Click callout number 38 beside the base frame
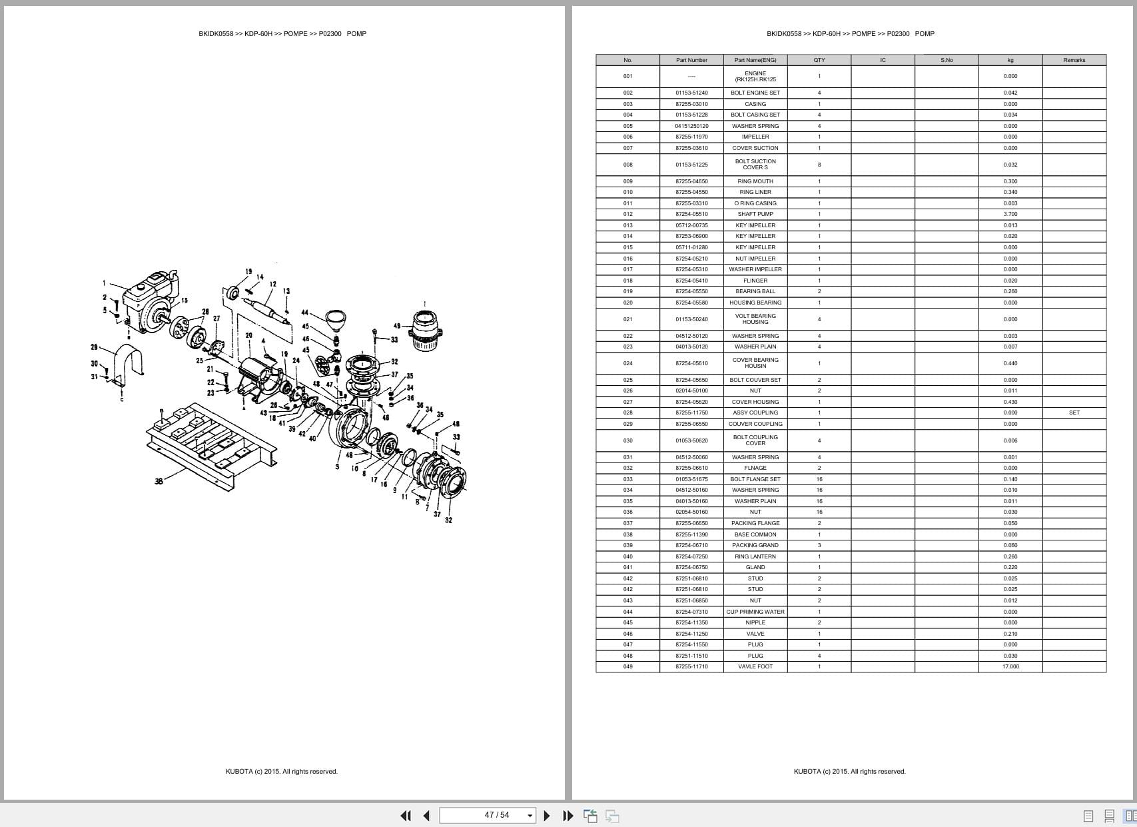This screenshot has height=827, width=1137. [159, 481]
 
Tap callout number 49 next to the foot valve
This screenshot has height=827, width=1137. [397, 326]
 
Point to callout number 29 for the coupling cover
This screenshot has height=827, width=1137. [94, 347]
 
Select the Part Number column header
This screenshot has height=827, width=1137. [691, 60]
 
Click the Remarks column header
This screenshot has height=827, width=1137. [1074, 60]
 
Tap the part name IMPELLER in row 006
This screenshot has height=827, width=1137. [755, 137]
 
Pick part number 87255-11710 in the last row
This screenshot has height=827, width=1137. [691, 666]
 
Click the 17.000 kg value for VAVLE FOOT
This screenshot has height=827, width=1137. [1010, 666]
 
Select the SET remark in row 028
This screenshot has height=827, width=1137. [1074, 413]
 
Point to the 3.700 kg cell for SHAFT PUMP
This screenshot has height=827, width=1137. [1010, 214]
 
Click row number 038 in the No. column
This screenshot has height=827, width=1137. [627, 534]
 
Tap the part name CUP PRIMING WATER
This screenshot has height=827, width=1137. [755, 612]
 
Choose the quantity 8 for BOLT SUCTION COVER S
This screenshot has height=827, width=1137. [819, 165]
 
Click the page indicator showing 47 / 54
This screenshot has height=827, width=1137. [497, 815]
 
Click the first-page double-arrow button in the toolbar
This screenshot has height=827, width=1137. [405, 816]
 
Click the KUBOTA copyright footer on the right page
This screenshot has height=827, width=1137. [849, 772]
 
